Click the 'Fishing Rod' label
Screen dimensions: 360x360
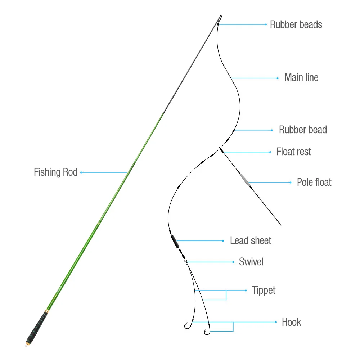pyautogui.click(x=55, y=172)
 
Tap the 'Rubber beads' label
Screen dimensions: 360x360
pyautogui.click(x=296, y=24)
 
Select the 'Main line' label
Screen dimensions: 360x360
pyautogui.click(x=301, y=77)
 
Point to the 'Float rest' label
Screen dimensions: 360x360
pyautogui.click(x=294, y=152)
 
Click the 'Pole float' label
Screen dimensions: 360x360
pyautogui.click(x=314, y=182)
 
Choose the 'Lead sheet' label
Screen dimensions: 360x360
pyautogui.click(x=251, y=240)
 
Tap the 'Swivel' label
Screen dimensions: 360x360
pyautogui.click(x=251, y=262)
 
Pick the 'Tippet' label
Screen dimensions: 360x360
pyautogui.click(x=264, y=290)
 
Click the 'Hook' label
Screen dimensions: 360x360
pyautogui.click(x=291, y=322)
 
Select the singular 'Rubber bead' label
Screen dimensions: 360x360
pyautogui.click(x=303, y=130)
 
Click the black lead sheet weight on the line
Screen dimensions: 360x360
pyautogui.click(x=175, y=241)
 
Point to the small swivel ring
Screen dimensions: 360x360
pyautogui.click(x=187, y=263)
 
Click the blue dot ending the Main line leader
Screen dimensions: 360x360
pyautogui.click(x=277, y=78)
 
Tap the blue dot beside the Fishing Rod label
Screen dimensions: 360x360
pyautogui.click(x=81, y=172)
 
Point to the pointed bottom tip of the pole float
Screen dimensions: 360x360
pyautogui.click(x=280, y=225)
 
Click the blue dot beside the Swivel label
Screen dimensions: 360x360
pyautogui.click(x=234, y=262)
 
